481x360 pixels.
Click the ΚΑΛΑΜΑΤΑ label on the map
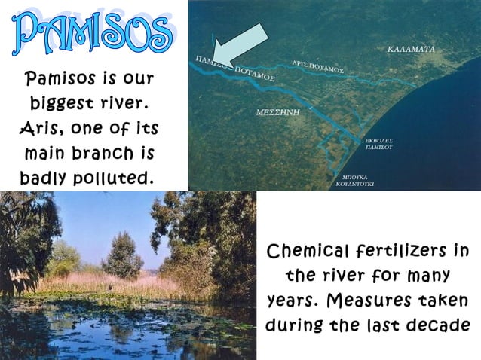(x=411, y=50)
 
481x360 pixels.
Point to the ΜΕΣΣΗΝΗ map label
(x=278, y=111)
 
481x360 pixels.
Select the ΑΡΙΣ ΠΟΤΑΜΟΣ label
(x=317, y=66)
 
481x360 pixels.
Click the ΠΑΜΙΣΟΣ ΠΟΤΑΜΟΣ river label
(x=234, y=69)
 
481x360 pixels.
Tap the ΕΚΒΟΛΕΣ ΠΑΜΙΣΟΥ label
(x=378, y=144)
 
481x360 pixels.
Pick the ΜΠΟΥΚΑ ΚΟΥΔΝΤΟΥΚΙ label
(x=355, y=179)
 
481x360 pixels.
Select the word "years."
(x=296, y=301)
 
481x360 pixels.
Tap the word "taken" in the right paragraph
(x=442, y=301)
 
